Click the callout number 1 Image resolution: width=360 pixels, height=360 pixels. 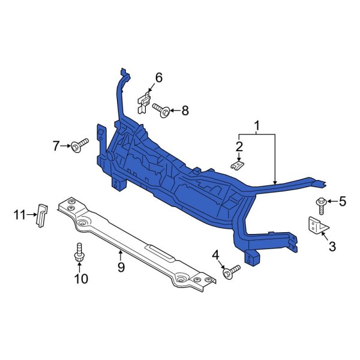[x=257, y=126]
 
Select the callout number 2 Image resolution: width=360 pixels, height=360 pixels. [x=239, y=146]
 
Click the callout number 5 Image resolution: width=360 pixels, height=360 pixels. [x=343, y=202]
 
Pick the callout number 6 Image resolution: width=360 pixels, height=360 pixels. [x=159, y=77]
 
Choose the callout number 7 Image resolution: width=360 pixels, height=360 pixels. [x=57, y=145]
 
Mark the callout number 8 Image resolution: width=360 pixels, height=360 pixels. [x=185, y=110]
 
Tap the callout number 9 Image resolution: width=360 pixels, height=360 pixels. [x=121, y=267]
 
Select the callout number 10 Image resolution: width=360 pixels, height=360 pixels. [x=80, y=278]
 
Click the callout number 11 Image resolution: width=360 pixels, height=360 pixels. [x=18, y=213]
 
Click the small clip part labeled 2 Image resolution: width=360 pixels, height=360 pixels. [x=238, y=163]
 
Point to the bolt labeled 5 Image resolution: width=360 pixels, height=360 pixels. [x=322, y=204]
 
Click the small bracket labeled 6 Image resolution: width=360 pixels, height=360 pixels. [x=144, y=101]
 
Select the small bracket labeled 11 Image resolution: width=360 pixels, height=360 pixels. [x=42, y=215]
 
